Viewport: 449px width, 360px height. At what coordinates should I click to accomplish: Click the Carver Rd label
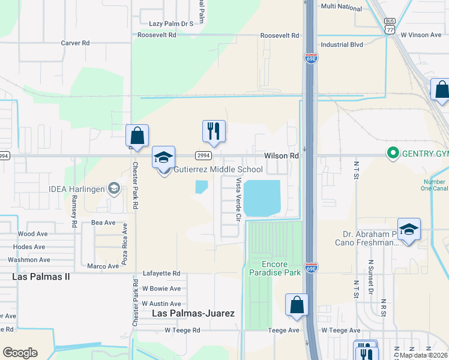pyautogui.click(x=75, y=43)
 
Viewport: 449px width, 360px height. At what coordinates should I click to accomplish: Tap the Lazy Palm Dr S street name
pyautogui.click(x=171, y=24)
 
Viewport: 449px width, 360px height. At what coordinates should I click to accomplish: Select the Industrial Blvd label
pyautogui.click(x=343, y=44)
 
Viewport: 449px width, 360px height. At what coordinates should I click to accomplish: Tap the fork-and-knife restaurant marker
pyautogui.click(x=214, y=131)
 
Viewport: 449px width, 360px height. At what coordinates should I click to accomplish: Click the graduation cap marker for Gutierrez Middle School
pyautogui.click(x=163, y=157)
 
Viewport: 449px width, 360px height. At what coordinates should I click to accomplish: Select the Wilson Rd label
pyautogui.click(x=282, y=155)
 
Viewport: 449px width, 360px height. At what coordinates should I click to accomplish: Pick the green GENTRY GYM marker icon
pyautogui.click(x=393, y=154)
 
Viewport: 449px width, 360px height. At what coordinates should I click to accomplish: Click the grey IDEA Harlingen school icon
pyautogui.click(x=113, y=189)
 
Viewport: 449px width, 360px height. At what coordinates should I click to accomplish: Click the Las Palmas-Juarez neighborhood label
pyautogui.click(x=193, y=313)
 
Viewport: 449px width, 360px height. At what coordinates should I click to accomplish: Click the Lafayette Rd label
pyautogui.click(x=161, y=273)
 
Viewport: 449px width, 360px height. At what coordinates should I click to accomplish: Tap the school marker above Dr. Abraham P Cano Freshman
pyautogui.click(x=409, y=229)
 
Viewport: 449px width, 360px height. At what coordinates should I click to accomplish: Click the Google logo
pyautogui.click(x=20, y=353)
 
